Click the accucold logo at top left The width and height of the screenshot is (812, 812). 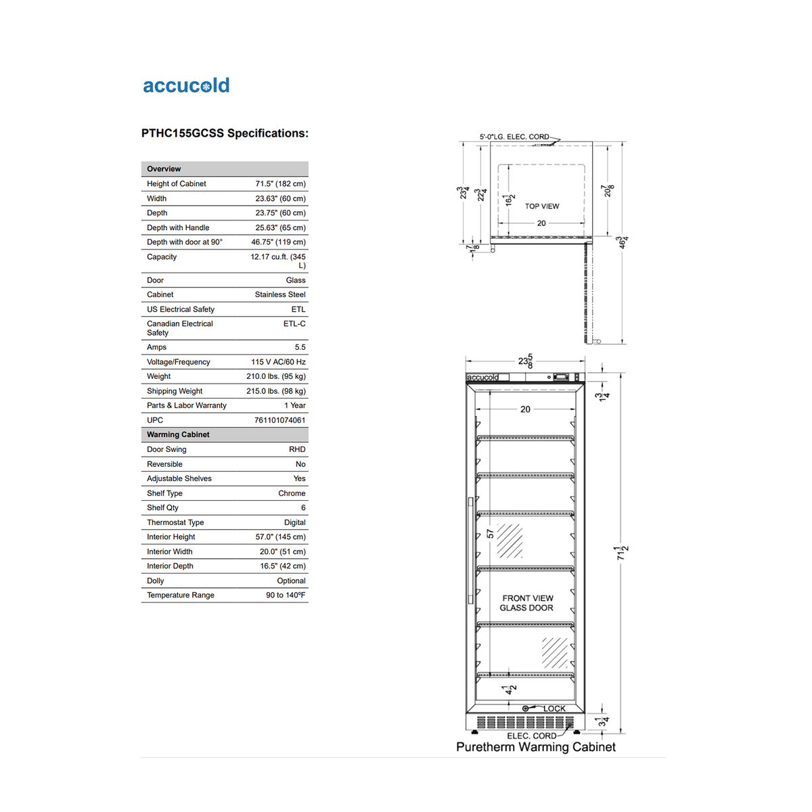point(186,86)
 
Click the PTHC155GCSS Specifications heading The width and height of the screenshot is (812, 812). point(225,133)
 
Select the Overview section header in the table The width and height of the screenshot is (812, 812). point(164,169)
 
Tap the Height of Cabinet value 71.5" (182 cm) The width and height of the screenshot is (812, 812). point(280,184)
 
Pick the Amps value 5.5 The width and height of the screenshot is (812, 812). point(300,347)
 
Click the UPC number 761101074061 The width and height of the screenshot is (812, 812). point(279,420)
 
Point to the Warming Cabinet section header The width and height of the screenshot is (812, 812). point(178,434)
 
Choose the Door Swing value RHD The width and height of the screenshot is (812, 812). point(297,449)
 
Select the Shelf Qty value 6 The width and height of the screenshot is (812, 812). point(303,507)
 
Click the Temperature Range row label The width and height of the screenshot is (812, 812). point(181,595)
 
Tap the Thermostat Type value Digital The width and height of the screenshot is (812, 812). point(294,522)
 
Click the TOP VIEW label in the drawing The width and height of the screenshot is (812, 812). point(542,206)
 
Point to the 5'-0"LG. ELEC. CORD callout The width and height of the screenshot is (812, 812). point(514,137)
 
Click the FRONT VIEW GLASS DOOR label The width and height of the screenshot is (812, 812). point(527,603)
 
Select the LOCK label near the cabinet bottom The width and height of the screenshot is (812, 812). point(554,708)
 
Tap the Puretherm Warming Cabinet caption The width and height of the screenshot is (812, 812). point(536,747)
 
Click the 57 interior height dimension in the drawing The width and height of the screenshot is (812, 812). point(491,534)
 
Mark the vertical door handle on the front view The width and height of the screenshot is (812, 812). point(470,550)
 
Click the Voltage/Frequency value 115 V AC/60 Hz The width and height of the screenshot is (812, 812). point(278,362)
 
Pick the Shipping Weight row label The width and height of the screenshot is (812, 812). point(175,391)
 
